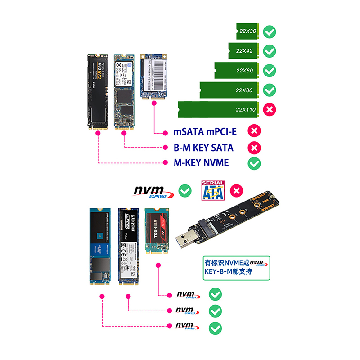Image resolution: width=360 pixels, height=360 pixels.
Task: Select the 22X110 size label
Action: pyautogui.click(x=245, y=110)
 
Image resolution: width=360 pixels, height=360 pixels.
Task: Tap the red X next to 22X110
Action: pyautogui.click(x=270, y=110)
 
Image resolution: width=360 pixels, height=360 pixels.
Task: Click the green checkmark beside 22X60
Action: pyautogui.click(x=270, y=71)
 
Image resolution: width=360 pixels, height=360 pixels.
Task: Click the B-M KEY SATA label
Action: pyautogui.click(x=203, y=148)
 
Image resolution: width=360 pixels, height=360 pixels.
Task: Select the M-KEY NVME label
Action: pyautogui.click(x=201, y=163)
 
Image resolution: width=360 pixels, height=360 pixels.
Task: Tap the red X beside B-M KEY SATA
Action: pyautogui.click(x=254, y=148)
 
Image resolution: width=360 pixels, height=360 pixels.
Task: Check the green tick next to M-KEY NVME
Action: pyautogui.click(x=254, y=163)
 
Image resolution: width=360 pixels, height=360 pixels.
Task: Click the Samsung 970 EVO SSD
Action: pyautogui.click(x=98, y=92)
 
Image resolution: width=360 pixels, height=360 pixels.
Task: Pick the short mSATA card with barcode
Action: pyautogui.click(x=155, y=76)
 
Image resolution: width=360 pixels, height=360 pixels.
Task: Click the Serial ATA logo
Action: pyautogui.click(x=213, y=190)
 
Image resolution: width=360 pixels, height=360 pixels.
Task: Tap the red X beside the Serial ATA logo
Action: pyautogui.click(x=237, y=191)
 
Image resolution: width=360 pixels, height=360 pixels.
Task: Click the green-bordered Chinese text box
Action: pyautogui.click(x=237, y=267)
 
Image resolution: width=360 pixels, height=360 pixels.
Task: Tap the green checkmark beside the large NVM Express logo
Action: pyautogui.click(x=184, y=191)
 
